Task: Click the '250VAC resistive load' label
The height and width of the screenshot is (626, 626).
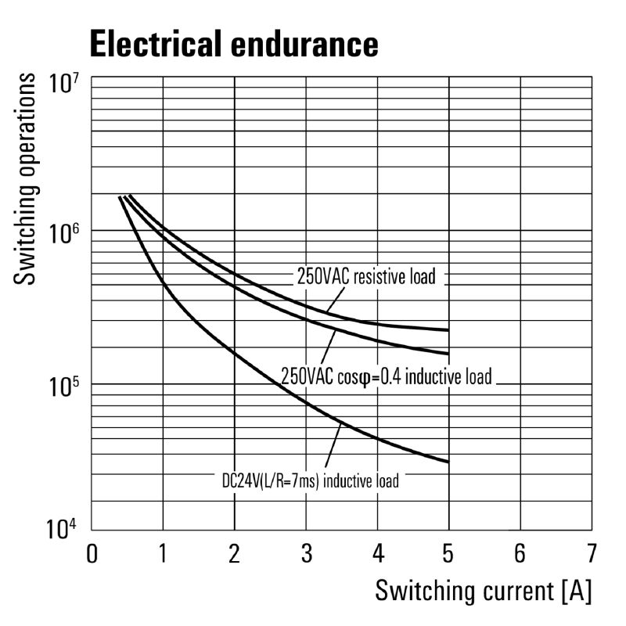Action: click(365, 276)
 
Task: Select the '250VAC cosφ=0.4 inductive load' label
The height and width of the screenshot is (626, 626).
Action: click(387, 376)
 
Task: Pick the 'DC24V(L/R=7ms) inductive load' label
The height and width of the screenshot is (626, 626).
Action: click(309, 480)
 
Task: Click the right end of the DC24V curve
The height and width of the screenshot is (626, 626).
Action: click(448, 462)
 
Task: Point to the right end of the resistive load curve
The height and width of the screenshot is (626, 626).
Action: click(448, 330)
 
